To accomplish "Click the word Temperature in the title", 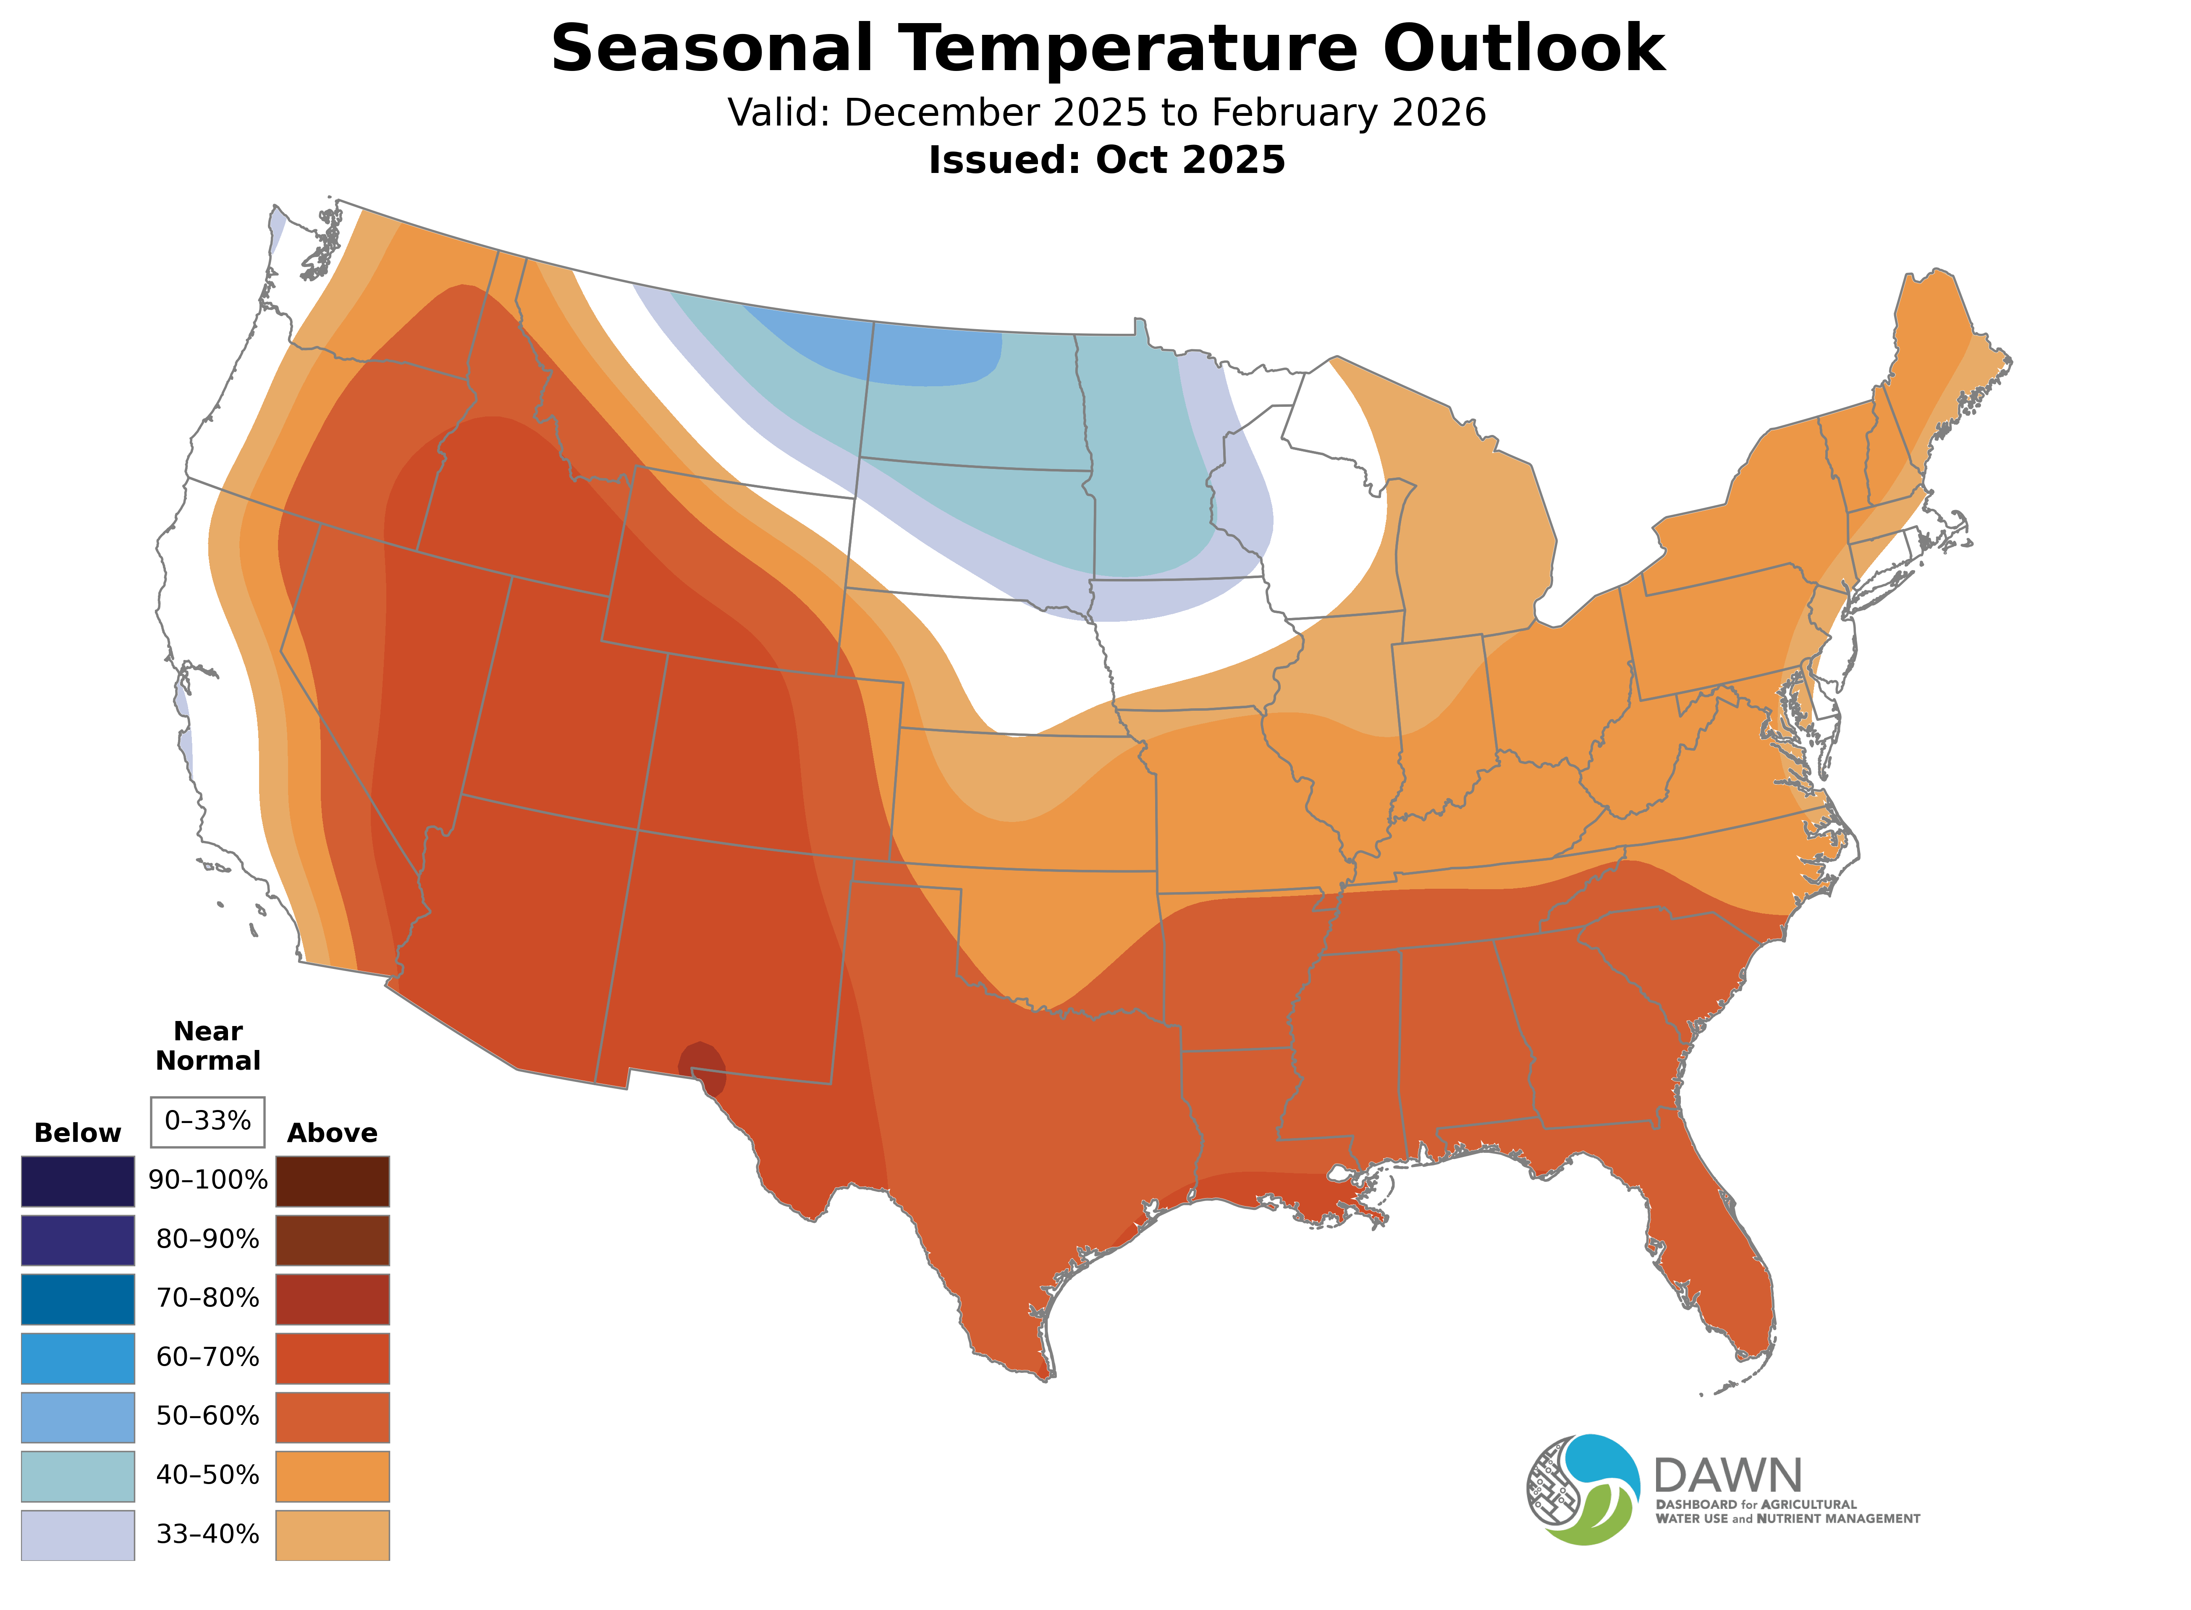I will pos(1131,49).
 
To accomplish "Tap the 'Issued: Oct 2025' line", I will pos(1106,160).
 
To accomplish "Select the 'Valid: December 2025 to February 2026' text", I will pos(1106,113).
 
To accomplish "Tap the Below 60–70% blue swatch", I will pos(78,1358).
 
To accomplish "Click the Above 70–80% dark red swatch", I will pos(333,1298).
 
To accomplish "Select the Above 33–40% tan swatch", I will pos(333,1534).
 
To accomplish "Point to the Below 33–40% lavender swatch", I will pos(78,1534).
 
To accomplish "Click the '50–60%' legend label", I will pos(207,1416).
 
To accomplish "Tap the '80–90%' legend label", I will pos(207,1240).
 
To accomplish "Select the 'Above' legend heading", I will pos(333,1134).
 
